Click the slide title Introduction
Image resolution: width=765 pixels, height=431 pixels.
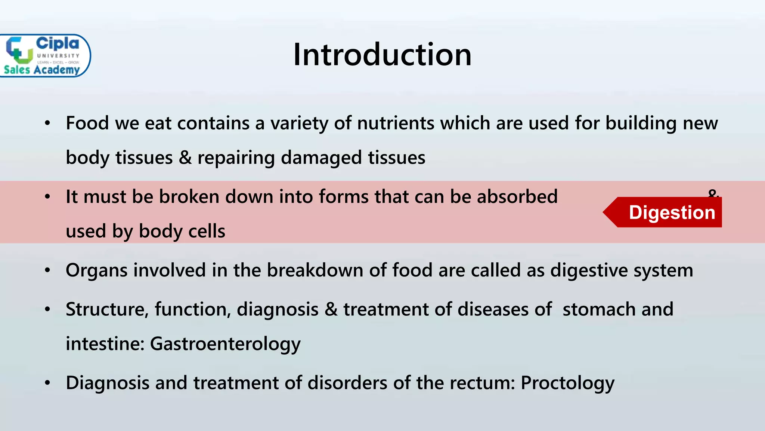pos(382,55)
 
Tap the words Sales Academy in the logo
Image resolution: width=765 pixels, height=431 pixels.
pos(42,70)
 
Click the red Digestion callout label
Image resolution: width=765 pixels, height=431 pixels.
pos(671,213)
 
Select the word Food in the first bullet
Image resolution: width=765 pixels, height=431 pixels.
pos(87,123)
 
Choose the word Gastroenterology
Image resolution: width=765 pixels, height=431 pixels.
pos(225,344)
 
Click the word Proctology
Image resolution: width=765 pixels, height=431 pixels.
pos(567,383)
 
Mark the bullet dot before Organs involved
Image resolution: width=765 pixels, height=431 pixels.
pos(47,270)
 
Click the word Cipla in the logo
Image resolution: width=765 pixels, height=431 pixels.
pos(58,43)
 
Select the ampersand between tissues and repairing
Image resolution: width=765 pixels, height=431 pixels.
pos(185,158)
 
